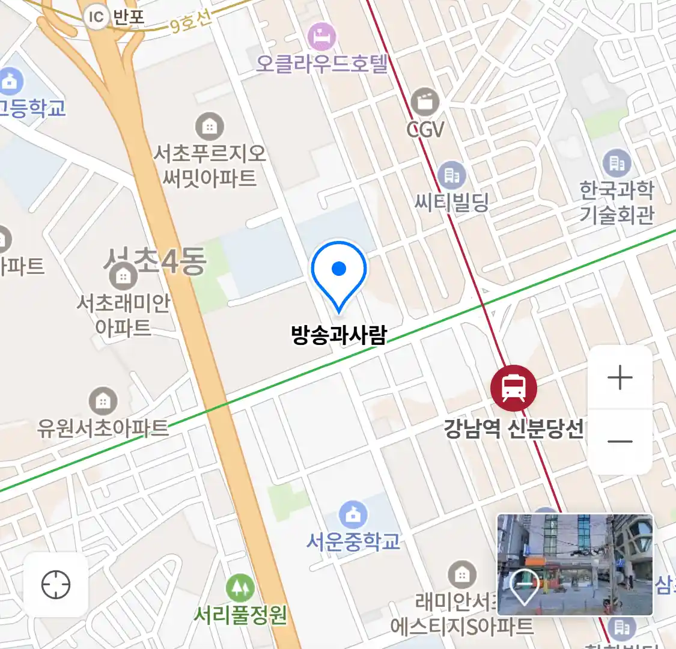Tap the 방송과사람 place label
tap(339, 335)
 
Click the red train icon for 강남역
tap(513, 388)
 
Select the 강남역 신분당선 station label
tap(514, 429)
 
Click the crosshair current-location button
tap(56, 585)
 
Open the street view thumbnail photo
tap(575, 564)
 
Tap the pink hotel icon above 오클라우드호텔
tap(322, 36)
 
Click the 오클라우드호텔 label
tap(322, 64)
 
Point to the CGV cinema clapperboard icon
tap(425, 103)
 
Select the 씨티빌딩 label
tap(452, 202)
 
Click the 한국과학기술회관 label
tap(617, 202)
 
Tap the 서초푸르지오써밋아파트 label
tap(209, 166)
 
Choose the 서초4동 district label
tap(155, 261)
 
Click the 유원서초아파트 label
tap(103, 428)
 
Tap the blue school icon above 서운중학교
tap(353, 514)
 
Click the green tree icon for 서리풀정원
tap(240, 588)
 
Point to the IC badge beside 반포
tap(96, 17)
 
